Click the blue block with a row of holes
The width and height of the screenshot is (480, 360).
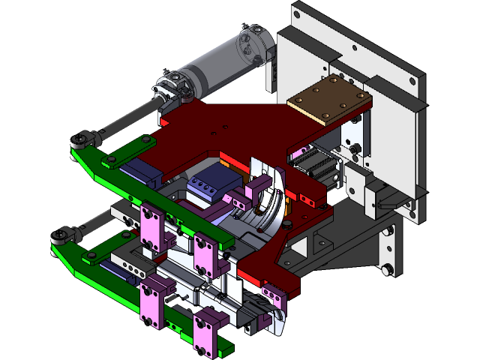point(210,184)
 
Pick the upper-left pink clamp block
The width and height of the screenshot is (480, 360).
point(152,229)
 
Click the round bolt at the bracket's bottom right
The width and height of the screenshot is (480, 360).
point(385,269)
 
